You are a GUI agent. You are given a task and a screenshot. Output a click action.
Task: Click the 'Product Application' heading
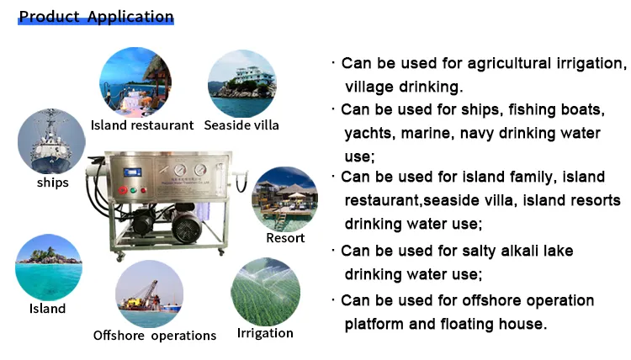click(96, 17)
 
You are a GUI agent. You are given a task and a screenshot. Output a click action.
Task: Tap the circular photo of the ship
click(52, 140)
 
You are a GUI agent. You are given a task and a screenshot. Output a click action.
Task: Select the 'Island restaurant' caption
click(142, 125)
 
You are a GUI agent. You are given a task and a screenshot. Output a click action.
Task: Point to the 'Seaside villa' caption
click(241, 125)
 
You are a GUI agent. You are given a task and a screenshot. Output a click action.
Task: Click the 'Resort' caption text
click(285, 238)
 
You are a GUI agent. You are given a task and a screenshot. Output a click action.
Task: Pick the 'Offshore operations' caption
click(155, 336)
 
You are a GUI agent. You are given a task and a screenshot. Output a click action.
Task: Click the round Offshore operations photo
click(150, 294)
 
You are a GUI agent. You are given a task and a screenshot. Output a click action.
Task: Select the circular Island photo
click(48, 267)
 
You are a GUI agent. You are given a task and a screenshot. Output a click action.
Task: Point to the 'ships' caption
click(52, 183)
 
